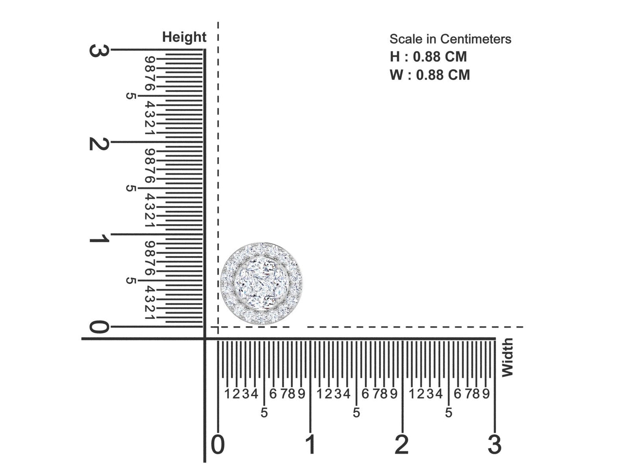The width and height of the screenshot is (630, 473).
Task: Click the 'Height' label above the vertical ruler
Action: point(184,38)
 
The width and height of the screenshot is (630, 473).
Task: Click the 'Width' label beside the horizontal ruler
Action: point(507,357)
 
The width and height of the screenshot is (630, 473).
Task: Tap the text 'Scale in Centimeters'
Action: point(450,39)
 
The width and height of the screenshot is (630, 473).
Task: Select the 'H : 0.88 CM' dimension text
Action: point(428,57)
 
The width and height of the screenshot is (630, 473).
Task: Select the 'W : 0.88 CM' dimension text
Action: point(430,75)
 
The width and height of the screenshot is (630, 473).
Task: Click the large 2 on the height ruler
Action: point(99,143)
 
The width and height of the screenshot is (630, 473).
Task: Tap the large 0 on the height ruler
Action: point(99,327)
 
